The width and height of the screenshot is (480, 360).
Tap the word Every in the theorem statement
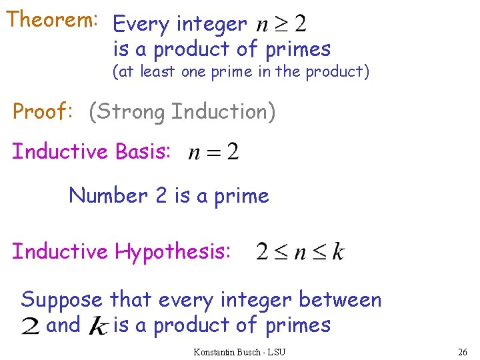click(141, 25)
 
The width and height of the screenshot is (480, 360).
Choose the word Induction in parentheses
click(223, 111)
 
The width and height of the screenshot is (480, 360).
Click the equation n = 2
click(213, 153)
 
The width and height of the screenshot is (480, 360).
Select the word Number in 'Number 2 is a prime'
click(108, 195)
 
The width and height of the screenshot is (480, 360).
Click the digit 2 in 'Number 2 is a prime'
click(161, 195)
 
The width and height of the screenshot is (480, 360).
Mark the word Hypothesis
click(173, 252)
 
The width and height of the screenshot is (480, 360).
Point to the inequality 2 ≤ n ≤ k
click(301, 252)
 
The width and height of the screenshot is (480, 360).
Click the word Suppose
click(62, 300)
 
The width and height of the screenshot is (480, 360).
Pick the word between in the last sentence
click(340, 300)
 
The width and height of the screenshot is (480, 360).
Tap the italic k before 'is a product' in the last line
click(99, 327)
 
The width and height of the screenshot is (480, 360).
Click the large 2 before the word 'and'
click(31, 327)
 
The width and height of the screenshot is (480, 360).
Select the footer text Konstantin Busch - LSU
click(239, 351)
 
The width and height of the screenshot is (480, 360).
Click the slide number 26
click(463, 351)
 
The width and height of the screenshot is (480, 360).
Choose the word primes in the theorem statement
click(298, 49)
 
